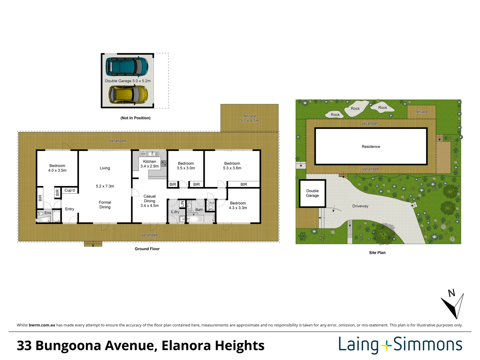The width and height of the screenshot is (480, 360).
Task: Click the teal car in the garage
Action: click(x=127, y=67)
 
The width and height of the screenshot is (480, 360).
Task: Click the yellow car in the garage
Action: click(x=128, y=94)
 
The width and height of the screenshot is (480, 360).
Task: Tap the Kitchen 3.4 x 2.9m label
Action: click(x=149, y=164)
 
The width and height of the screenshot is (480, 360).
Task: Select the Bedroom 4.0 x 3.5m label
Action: click(x=57, y=168)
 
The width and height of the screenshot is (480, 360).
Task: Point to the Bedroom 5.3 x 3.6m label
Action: click(x=232, y=166)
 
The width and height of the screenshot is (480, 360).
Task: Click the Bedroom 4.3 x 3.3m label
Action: click(x=238, y=205)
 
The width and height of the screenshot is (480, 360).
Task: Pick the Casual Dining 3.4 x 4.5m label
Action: click(x=149, y=201)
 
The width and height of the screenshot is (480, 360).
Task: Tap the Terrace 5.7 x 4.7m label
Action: click(x=249, y=118)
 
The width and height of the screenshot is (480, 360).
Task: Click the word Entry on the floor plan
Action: click(x=70, y=209)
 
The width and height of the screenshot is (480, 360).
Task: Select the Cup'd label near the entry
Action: click(x=70, y=190)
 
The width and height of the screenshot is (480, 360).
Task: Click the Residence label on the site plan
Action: click(x=371, y=147)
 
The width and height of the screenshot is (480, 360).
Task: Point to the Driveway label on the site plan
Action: click(x=360, y=206)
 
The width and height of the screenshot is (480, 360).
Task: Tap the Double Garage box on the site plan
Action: click(x=312, y=193)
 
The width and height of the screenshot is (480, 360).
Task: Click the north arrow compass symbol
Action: click(x=453, y=305)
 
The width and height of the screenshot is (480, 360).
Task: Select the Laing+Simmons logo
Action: click(x=400, y=345)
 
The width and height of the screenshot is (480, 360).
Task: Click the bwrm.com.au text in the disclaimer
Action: click(x=42, y=325)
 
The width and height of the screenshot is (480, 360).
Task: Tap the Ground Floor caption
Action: click(x=147, y=249)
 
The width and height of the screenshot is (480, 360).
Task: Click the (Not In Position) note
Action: click(x=135, y=118)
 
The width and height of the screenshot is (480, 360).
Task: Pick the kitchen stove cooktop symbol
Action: click(x=164, y=163)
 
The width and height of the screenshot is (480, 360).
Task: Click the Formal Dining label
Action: click(x=105, y=205)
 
